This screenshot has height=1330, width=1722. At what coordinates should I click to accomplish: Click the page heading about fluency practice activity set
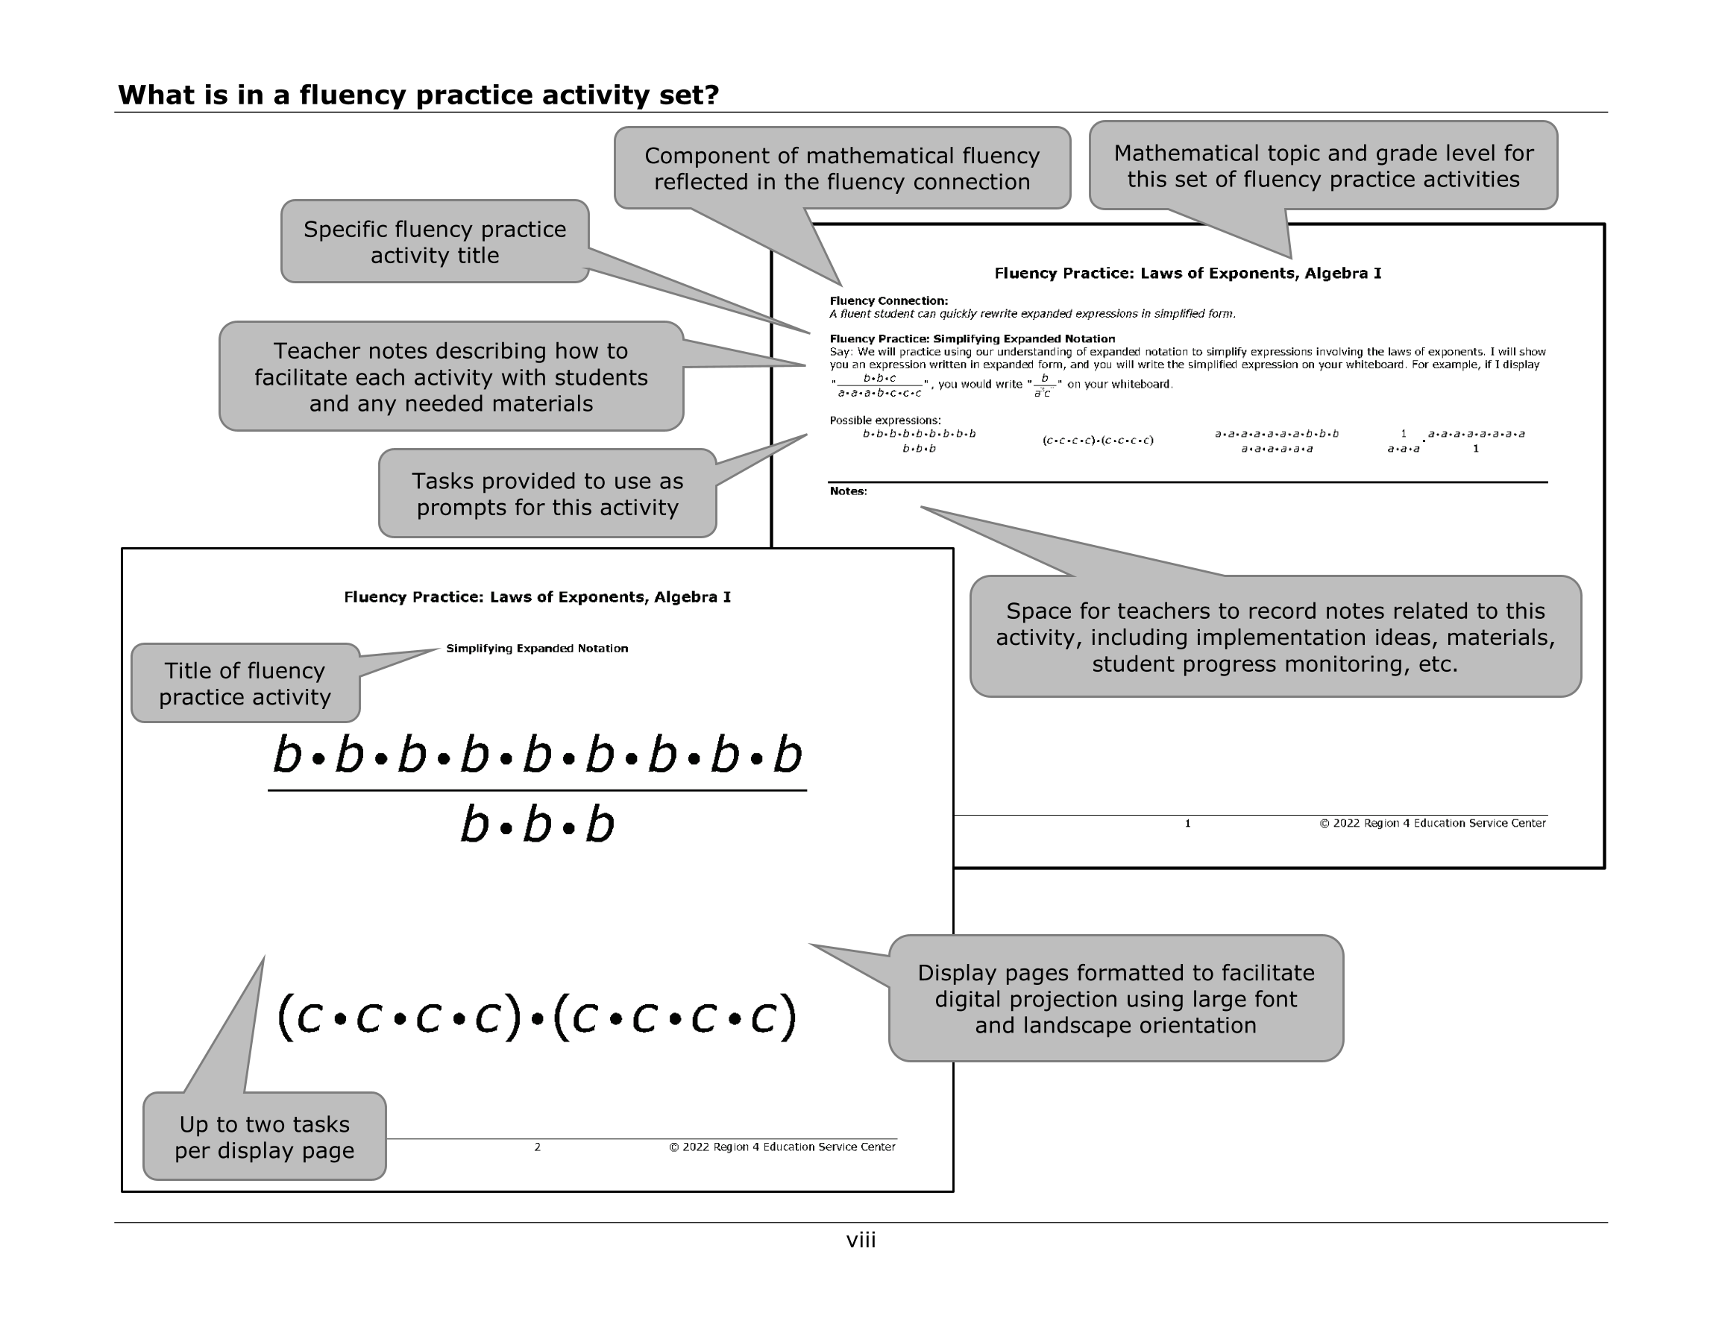pos(418,95)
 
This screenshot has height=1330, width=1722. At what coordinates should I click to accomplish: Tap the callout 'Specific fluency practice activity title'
pos(435,242)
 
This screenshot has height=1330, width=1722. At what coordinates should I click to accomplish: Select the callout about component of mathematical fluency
pos(841,168)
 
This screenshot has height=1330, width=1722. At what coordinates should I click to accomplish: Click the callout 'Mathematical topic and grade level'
pos(1323,166)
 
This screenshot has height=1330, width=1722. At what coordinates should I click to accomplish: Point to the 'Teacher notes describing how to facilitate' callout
pos(450,376)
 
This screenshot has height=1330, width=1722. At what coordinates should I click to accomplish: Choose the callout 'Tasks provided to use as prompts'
pos(547,494)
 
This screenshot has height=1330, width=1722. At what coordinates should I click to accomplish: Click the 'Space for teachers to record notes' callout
pos(1275,637)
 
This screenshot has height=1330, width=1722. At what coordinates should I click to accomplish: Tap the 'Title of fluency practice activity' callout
pos(245,684)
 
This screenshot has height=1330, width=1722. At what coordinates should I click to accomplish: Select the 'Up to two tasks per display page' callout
pos(264,1137)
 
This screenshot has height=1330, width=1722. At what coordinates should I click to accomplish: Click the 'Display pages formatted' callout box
pos(1116,998)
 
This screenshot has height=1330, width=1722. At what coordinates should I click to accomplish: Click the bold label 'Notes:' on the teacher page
pos(849,491)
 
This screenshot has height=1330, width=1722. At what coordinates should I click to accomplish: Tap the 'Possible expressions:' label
pos(884,420)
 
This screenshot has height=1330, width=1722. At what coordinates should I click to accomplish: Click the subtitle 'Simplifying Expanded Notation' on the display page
pos(537,649)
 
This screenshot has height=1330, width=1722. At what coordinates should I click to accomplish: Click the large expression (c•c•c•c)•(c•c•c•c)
pos(537,1016)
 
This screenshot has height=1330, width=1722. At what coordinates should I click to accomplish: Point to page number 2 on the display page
pos(537,1147)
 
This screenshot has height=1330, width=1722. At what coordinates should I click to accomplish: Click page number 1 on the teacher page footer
pos(1187,823)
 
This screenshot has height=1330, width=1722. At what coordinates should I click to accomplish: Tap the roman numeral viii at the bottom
pos(860,1240)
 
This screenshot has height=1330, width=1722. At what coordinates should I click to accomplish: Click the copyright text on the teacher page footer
pos(1432,823)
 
